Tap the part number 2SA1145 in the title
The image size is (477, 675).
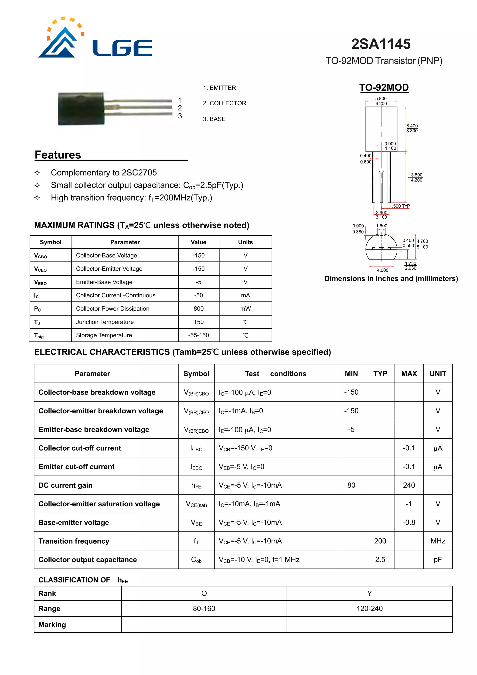(x=381, y=44)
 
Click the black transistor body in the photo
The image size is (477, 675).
(x=81, y=109)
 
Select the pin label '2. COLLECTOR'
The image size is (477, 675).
(x=224, y=103)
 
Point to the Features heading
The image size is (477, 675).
(x=58, y=155)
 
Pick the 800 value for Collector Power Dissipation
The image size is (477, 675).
(x=198, y=309)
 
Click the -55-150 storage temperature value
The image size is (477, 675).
(x=198, y=335)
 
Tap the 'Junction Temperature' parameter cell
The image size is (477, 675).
(x=105, y=322)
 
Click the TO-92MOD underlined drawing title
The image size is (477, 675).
(x=384, y=88)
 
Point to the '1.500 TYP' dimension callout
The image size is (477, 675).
(x=400, y=206)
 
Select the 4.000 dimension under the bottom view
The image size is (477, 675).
(x=382, y=270)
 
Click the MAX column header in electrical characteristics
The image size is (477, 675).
(x=409, y=374)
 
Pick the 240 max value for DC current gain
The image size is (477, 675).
(x=409, y=485)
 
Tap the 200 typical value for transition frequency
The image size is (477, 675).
(x=380, y=541)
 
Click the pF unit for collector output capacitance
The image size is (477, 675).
(x=438, y=559)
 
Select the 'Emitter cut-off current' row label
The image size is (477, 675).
(x=76, y=466)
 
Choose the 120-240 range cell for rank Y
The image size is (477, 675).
(x=369, y=608)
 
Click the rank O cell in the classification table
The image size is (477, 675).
(x=204, y=593)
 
